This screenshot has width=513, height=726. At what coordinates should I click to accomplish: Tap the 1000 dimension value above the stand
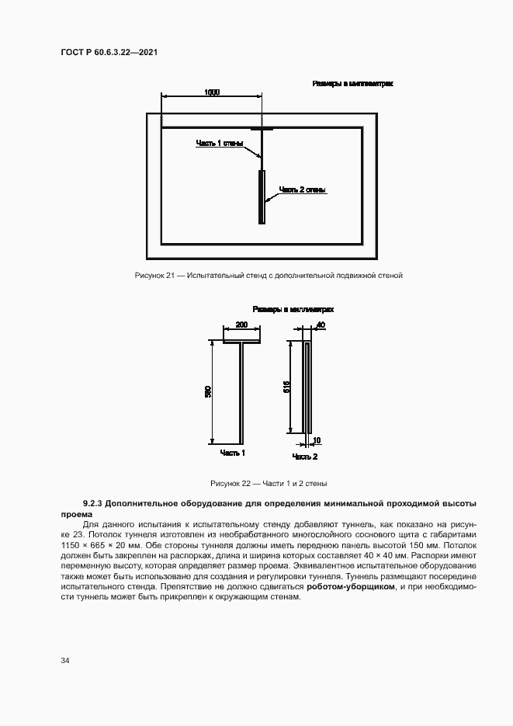click(212, 92)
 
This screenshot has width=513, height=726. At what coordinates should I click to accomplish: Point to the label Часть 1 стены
click(220, 144)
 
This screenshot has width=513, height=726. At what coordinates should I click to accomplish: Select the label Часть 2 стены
click(302, 189)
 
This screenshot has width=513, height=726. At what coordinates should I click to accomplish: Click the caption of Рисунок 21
click(269, 275)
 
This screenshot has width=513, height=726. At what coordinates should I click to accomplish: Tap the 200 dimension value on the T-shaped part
click(241, 325)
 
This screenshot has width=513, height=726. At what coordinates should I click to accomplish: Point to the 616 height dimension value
click(286, 387)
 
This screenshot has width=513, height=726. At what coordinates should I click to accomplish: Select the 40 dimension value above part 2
click(321, 325)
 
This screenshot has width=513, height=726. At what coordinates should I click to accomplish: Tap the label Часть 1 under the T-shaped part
click(233, 453)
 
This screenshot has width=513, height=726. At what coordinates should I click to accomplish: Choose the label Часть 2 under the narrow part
click(304, 457)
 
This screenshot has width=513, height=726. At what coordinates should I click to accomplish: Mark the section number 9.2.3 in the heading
click(95, 504)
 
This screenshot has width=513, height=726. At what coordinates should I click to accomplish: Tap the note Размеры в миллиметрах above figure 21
click(352, 83)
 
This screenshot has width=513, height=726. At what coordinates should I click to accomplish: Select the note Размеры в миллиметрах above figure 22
click(293, 309)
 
